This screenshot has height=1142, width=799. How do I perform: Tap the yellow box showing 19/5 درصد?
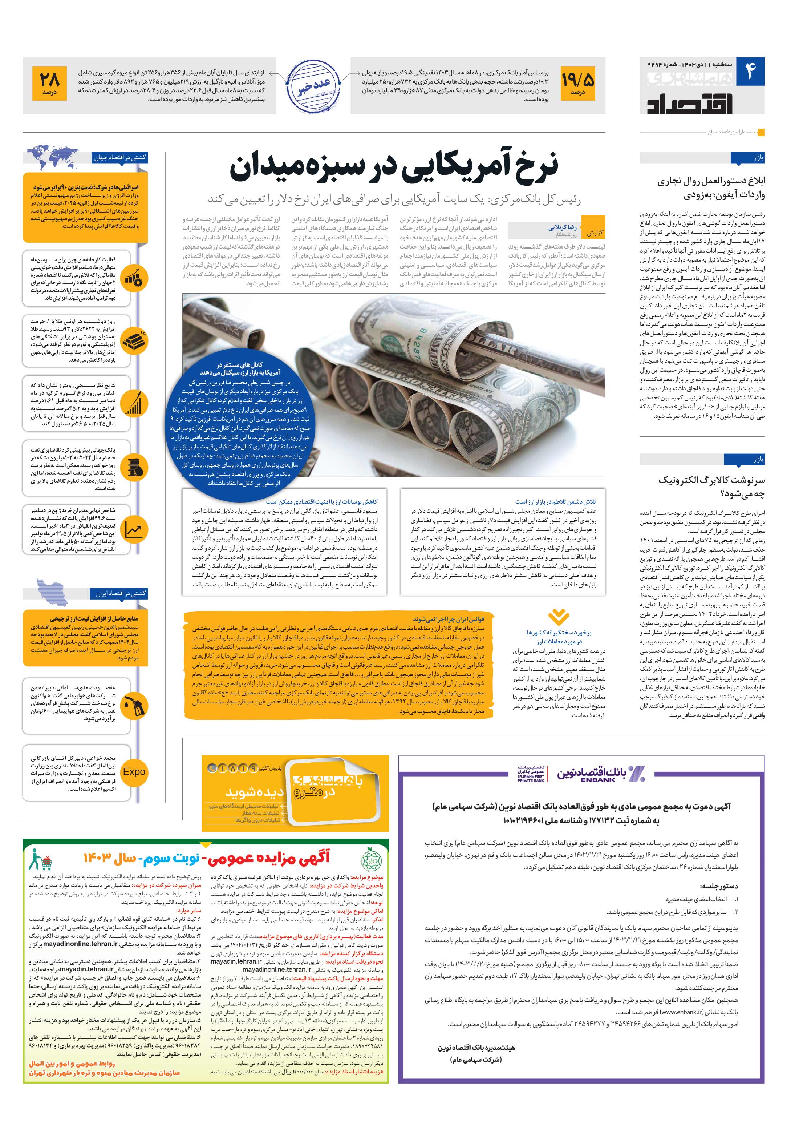[x=577, y=85]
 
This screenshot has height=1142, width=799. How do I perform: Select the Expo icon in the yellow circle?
[x=134, y=772]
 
